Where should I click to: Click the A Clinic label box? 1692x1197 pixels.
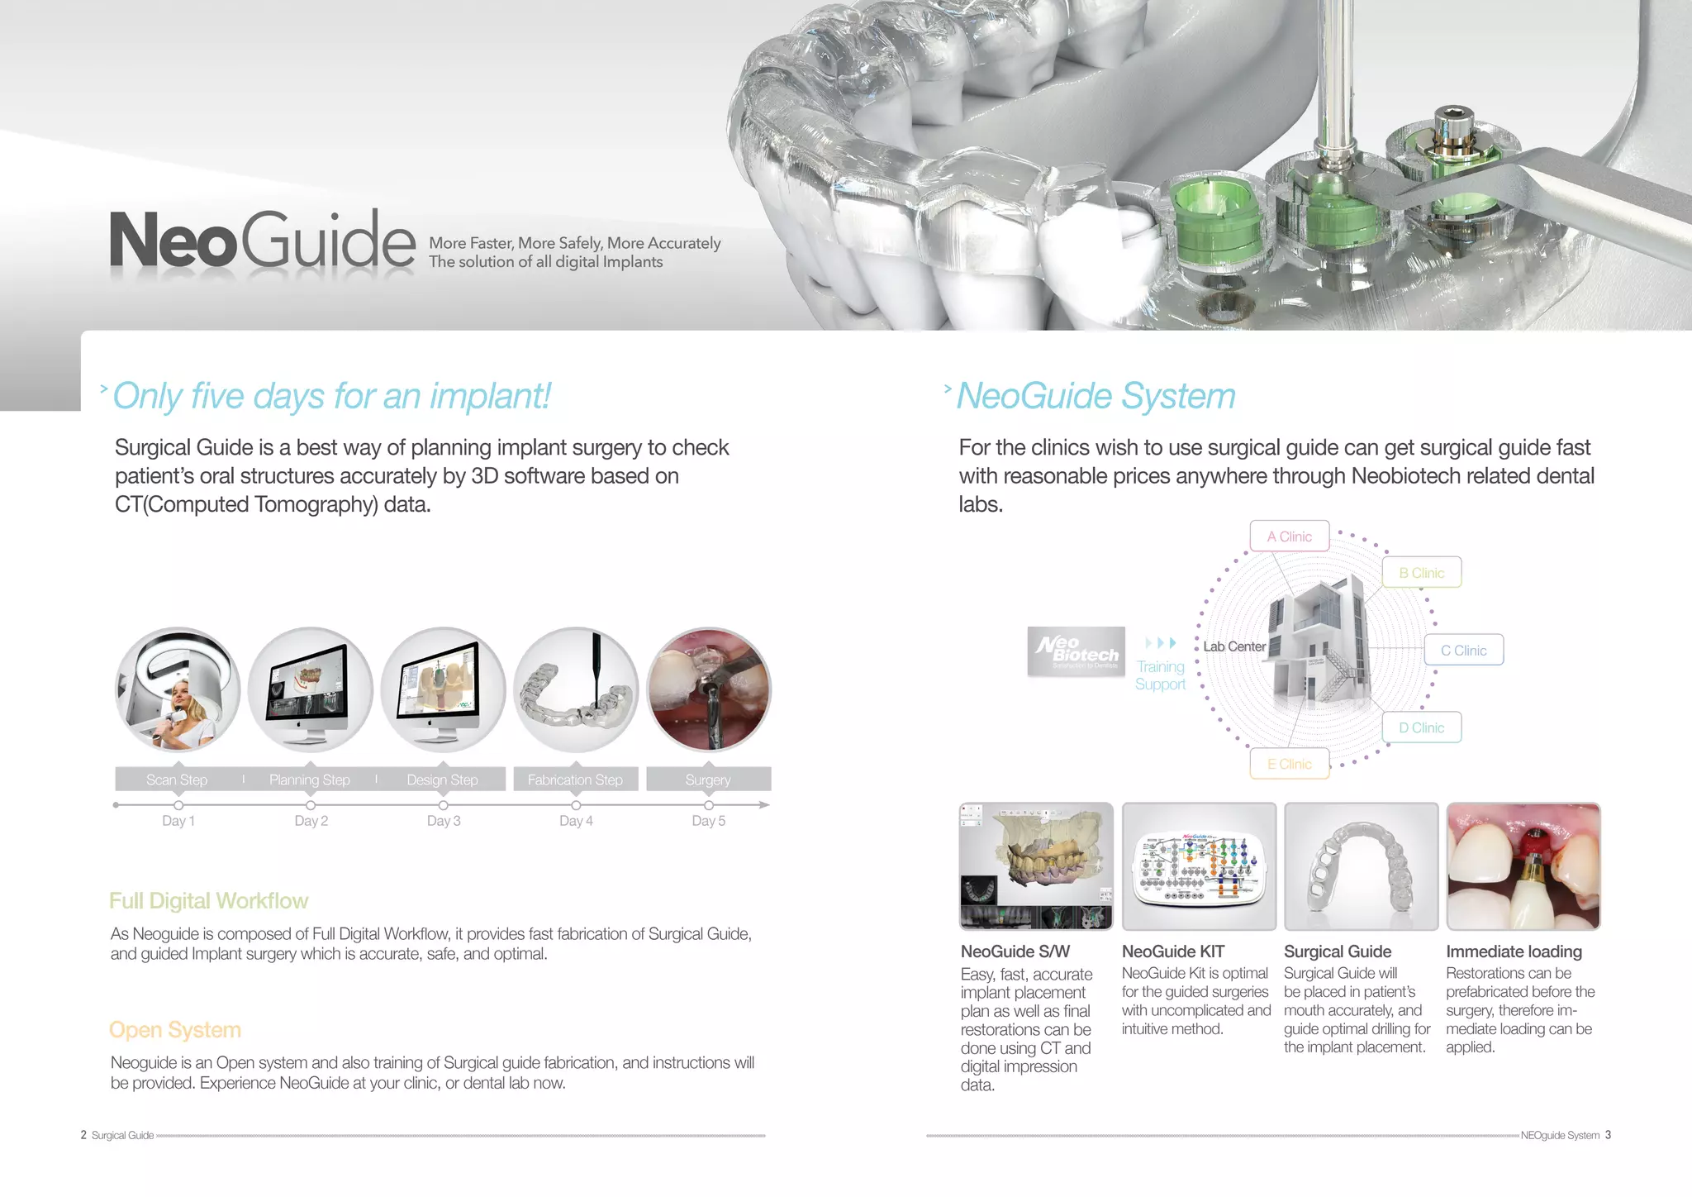[1289, 537]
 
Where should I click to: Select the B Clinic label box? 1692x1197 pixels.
[1421, 573]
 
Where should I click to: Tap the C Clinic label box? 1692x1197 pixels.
[1463, 651]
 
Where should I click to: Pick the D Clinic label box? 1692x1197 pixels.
[1421, 727]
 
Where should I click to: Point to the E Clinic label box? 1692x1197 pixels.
[1289, 764]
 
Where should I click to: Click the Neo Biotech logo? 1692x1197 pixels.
[1077, 651]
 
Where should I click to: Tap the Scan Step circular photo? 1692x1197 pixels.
[178, 689]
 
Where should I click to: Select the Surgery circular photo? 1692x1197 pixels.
[708, 689]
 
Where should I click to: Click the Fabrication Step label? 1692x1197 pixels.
[575, 780]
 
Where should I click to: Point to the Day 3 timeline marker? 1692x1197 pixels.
[444, 805]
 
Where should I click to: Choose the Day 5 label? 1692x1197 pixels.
[708, 821]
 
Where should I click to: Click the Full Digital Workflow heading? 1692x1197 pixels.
[209, 901]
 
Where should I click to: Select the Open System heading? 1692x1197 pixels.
[175, 1030]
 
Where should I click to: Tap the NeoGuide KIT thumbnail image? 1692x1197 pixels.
[1199, 866]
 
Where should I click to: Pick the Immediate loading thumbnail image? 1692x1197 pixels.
[1523, 866]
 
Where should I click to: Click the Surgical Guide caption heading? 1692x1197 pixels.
[1338, 951]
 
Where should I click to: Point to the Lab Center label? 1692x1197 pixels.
[1234, 646]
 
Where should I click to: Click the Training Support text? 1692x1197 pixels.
[1160, 675]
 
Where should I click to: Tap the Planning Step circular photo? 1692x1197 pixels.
[311, 689]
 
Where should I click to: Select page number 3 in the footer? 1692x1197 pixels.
[1608, 1135]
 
